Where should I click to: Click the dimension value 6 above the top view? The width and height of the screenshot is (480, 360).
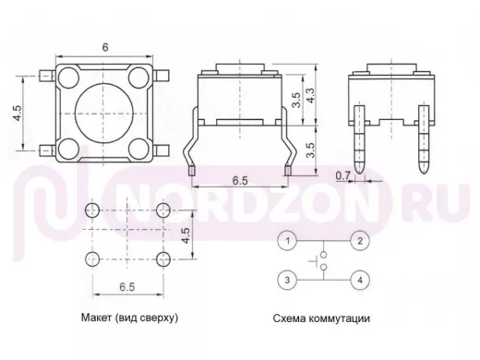tap(105, 47)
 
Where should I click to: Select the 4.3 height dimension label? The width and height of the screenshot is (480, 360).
tap(310, 95)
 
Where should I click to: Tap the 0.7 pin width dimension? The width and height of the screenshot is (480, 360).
tap(342, 175)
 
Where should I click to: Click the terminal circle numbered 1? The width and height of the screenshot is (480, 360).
tap(287, 241)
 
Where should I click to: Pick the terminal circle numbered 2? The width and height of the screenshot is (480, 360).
tap(360, 241)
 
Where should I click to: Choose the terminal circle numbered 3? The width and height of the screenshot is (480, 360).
tap(287, 280)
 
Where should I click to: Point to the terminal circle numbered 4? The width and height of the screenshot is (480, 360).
tap(360, 280)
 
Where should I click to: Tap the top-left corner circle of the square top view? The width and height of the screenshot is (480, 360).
tap(68, 78)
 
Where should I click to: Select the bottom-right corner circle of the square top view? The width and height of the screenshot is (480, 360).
tap(138, 149)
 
